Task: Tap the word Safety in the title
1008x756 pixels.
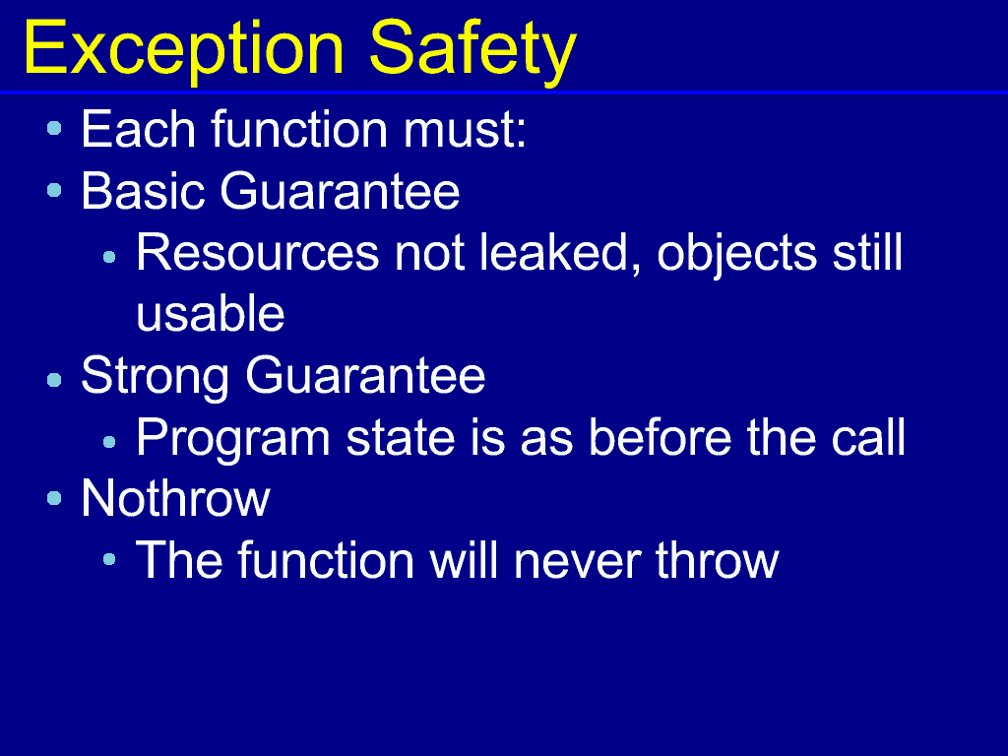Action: click(472, 51)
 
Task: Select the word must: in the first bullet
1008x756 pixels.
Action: click(465, 130)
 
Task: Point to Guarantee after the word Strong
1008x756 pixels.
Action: click(365, 375)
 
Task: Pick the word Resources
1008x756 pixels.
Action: click(257, 253)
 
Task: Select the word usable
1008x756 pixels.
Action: click(211, 313)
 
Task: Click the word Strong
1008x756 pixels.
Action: click(155, 377)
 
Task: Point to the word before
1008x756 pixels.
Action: click(660, 437)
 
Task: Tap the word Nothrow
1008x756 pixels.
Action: click(175, 498)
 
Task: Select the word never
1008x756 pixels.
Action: click(577, 561)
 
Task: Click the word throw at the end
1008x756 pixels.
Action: click(717, 560)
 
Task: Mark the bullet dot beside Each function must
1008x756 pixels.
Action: click(55, 129)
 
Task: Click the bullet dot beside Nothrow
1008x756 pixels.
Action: click(55, 498)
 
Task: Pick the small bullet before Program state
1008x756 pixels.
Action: click(109, 442)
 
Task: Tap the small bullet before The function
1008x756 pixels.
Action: click(109, 559)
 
